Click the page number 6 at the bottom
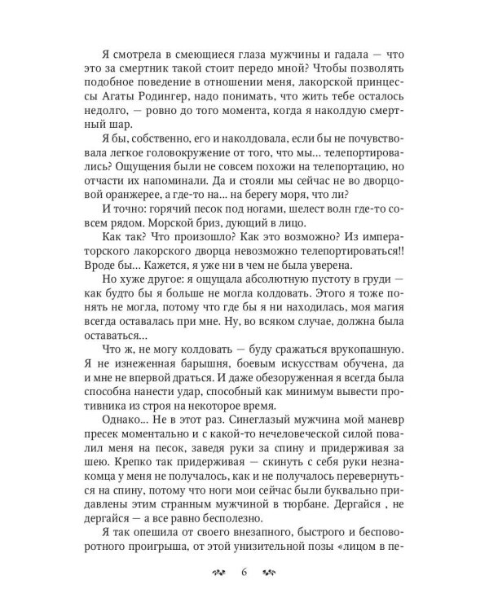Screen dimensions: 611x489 pos(244,572)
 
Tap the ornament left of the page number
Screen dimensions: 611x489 pos(218,572)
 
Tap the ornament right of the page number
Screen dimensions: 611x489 pos(271,572)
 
